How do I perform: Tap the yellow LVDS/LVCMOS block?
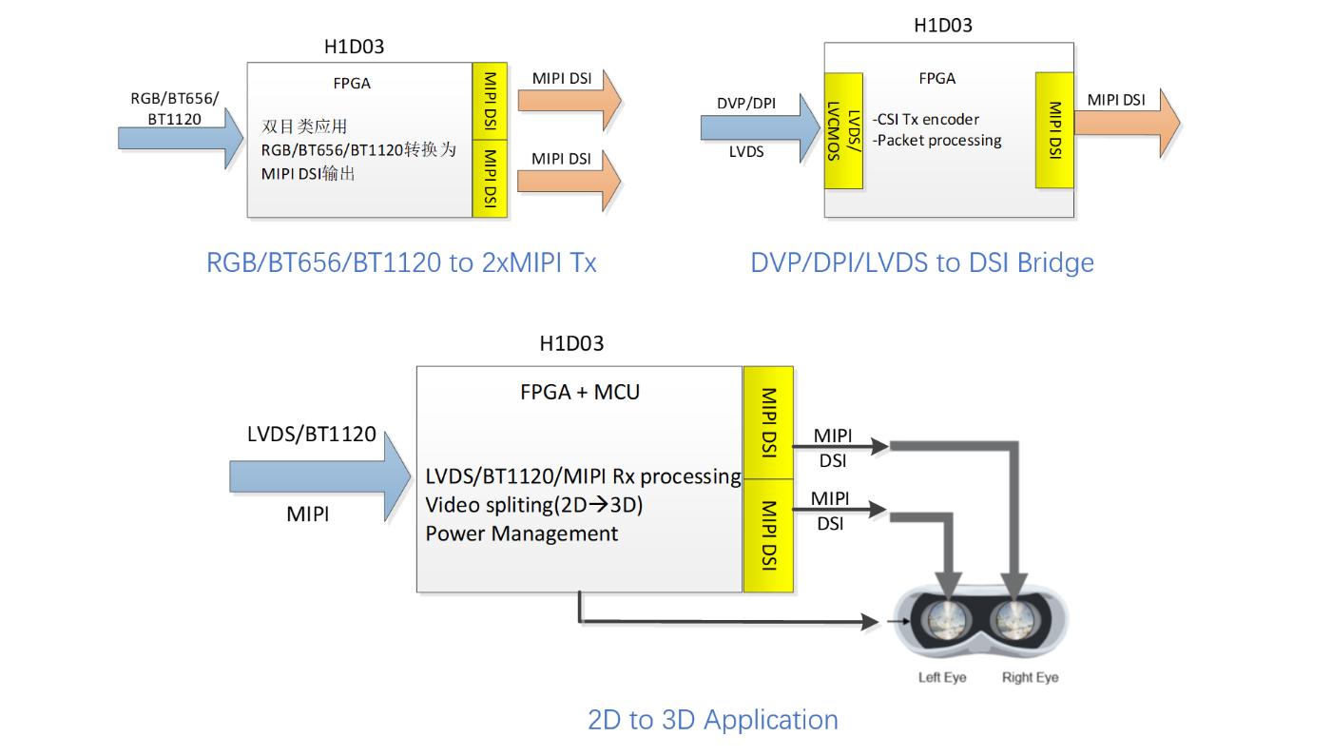point(843,130)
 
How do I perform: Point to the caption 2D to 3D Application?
point(713,720)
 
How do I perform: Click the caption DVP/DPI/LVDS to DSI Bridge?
point(922,262)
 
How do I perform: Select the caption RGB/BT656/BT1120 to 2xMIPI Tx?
point(401,262)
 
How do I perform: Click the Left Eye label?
point(942,678)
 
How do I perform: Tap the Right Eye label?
point(1030,678)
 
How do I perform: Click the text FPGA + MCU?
point(580,392)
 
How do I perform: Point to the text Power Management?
point(521,533)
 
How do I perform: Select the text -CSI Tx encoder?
point(926,119)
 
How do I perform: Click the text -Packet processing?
point(937,141)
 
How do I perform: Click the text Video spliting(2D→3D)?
point(534,505)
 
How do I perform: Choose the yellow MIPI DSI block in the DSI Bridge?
point(1055,130)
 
